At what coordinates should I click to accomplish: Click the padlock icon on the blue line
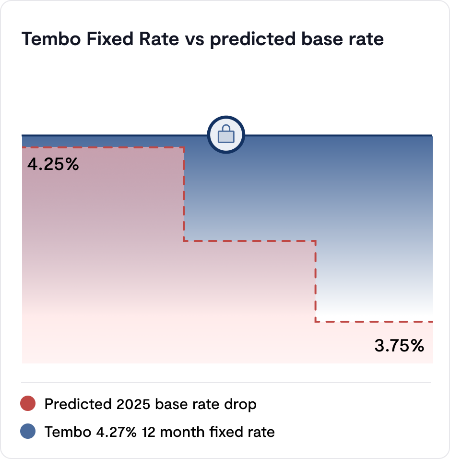coord(226,135)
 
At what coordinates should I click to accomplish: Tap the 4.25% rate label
coord(53,165)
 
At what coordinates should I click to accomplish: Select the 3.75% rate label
coord(399,345)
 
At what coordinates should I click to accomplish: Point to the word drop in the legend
coord(241,404)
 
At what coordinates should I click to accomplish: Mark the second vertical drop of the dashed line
coord(315,281)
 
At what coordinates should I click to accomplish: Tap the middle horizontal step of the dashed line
coord(249,241)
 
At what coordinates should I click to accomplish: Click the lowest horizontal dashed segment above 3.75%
coord(374,321)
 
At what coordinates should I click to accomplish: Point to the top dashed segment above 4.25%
coord(103,148)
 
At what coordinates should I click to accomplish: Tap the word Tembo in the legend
coord(65,432)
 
